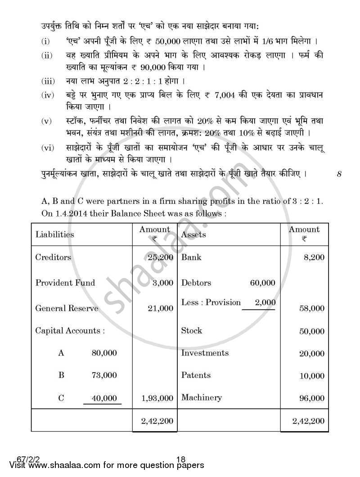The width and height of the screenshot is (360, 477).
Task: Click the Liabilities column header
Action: point(54,234)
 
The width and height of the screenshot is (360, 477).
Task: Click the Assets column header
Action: point(193,234)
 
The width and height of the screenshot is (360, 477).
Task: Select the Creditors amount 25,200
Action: point(160,257)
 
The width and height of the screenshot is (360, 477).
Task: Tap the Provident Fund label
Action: point(65,283)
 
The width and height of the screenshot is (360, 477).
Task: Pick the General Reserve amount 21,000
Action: point(160,308)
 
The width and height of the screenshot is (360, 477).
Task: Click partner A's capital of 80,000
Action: point(104,353)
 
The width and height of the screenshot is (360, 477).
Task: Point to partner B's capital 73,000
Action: point(104,375)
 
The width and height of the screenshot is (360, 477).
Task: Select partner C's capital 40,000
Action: point(104,398)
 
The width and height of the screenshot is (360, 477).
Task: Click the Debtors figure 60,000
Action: point(262,283)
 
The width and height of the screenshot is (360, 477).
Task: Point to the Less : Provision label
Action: point(211,302)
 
